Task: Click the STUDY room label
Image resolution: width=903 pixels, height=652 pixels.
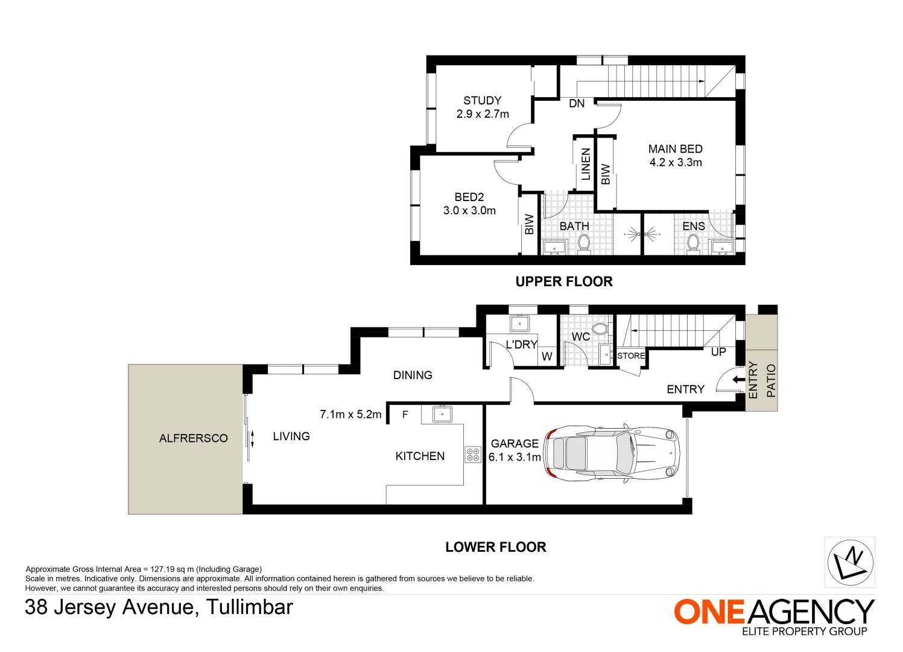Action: pyautogui.click(x=482, y=101)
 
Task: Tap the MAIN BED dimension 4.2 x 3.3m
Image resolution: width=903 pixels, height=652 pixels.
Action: pyautogui.click(x=676, y=162)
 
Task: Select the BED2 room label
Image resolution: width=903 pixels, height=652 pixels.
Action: pyautogui.click(x=469, y=197)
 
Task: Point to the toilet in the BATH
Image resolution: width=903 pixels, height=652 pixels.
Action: pyautogui.click(x=583, y=243)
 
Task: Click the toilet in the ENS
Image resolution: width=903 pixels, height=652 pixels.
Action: pyautogui.click(x=693, y=243)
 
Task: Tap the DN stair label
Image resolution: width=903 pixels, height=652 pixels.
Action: pyautogui.click(x=577, y=104)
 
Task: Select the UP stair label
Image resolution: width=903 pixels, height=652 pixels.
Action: pyautogui.click(x=718, y=352)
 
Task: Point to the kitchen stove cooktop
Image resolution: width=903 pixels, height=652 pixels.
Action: pyautogui.click(x=473, y=455)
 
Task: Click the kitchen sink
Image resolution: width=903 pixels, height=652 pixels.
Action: pyautogui.click(x=442, y=414)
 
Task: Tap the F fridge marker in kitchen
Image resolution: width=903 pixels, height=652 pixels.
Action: pyautogui.click(x=405, y=415)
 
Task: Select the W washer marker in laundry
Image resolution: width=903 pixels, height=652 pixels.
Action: pyautogui.click(x=547, y=357)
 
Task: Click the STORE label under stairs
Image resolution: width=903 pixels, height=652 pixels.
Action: pyautogui.click(x=631, y=356)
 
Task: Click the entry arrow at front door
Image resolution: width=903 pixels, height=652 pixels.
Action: pyautogui.click(x=738, y=380)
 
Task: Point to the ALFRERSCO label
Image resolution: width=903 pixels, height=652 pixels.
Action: pyautogui.click(x=193, y=439)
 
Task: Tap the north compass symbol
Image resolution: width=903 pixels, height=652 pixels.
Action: pyautogui.click(x=849, y=562)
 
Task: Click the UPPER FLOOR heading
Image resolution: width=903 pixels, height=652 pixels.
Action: pyautogui.click(x=564, y=281)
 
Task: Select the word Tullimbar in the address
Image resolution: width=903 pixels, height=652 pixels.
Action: pyautogui.click(x=249, y=607)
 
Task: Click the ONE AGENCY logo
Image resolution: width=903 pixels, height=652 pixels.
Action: pyautogui.click(x=774, y=612)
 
